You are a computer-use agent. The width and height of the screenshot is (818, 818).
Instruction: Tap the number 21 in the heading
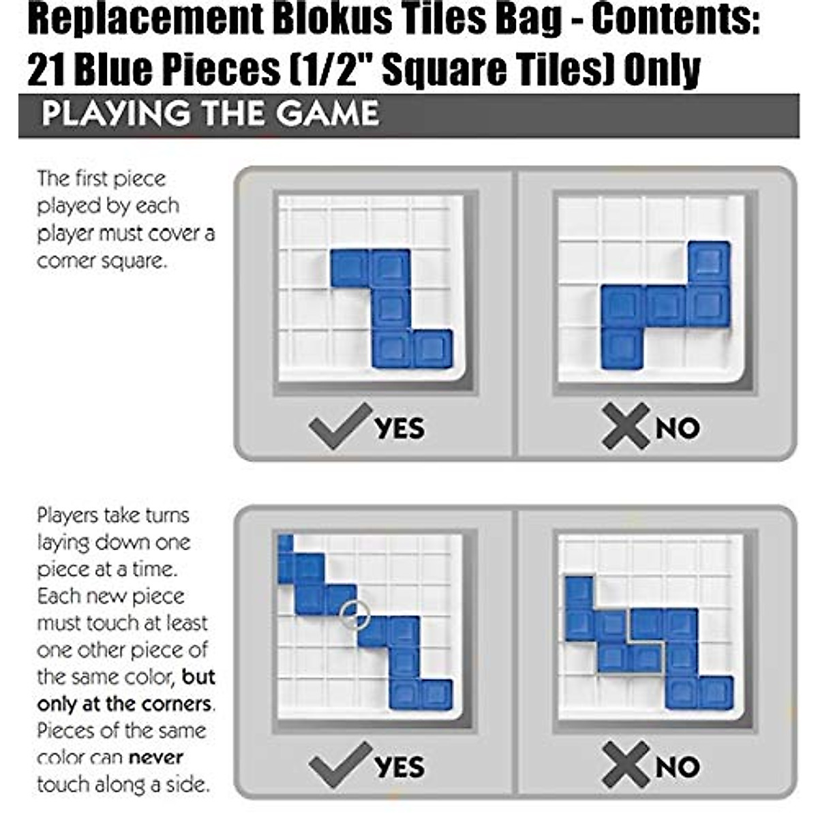point(46,70)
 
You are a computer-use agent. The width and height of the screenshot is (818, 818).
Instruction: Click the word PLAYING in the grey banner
point(116,113)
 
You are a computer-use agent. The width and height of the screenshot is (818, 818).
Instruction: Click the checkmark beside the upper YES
point(340,426)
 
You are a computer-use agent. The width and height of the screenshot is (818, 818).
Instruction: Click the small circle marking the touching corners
point(355,613)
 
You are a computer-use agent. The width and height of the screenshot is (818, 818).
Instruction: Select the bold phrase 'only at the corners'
point(124,704)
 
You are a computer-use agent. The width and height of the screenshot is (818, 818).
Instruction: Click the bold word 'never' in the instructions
point(156,758)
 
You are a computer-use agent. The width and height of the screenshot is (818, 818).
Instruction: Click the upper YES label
point(399,428)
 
